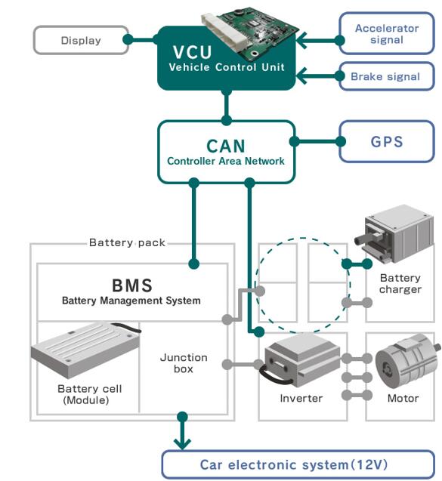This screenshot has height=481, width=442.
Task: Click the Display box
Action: coord(79,40)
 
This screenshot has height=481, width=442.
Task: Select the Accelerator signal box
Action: coord(386,34)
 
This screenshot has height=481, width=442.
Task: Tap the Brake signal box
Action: coord(386,76)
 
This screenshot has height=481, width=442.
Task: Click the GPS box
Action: coord(386,141)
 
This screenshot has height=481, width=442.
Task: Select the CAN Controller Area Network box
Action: coord(226,151)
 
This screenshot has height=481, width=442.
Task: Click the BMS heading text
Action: coord(131,286)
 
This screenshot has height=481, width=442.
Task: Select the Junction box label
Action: coord(183,363)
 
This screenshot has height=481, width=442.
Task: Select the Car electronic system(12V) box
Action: coord(299,464)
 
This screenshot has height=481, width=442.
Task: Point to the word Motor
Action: coord(403,398)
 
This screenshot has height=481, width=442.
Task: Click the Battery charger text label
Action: coord(400,284)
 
